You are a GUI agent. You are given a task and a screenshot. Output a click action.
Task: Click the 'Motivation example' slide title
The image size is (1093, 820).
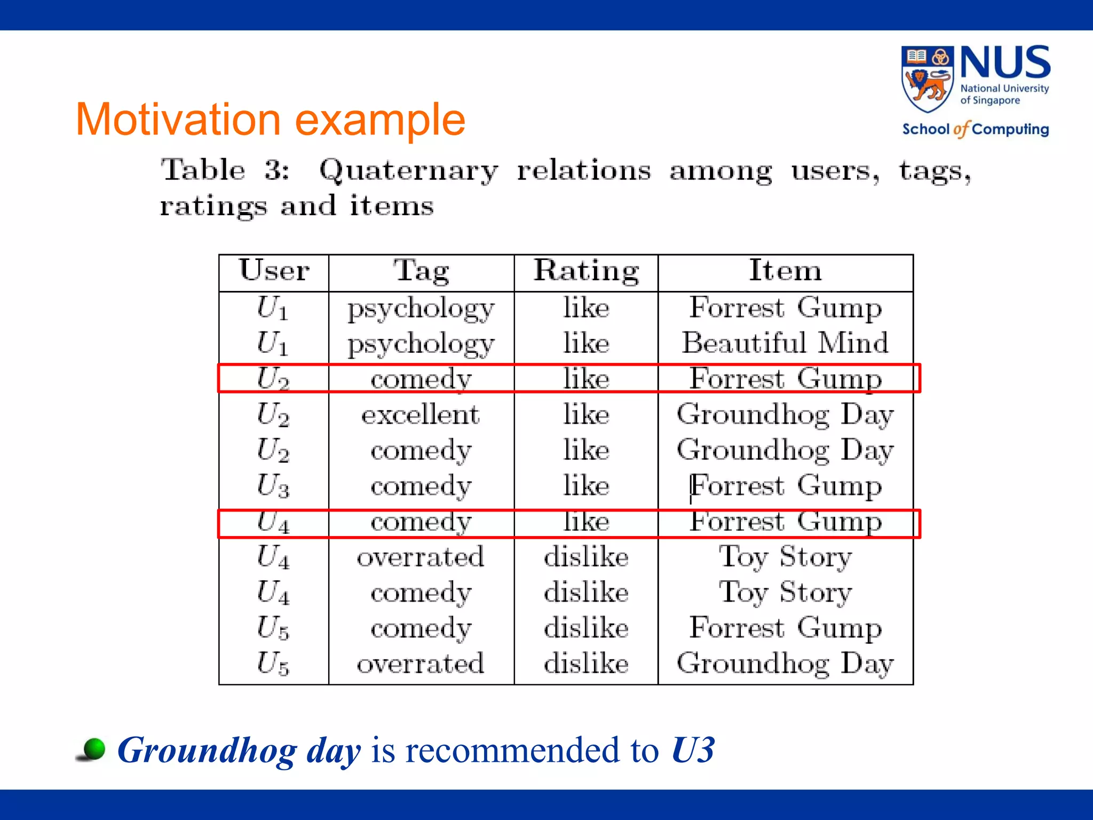click(271, 120)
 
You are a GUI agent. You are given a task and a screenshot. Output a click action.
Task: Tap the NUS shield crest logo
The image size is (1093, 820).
click(927, 79)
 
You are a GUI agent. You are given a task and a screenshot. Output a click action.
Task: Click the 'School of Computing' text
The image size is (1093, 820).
click(975, 129)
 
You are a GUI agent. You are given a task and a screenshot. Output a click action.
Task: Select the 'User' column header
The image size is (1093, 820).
click(274, 271)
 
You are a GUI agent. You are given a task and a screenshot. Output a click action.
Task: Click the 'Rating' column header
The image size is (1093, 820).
click(586, 271)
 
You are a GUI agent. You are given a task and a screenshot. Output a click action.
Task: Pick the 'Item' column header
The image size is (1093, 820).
click(785, 271)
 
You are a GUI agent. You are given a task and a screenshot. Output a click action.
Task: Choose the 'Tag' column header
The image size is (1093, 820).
click(421, 271)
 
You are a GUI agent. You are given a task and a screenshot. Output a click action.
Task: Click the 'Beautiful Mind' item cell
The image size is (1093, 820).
click(785, 343)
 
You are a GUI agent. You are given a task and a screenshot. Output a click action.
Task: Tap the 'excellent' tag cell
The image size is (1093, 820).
click(421, 415)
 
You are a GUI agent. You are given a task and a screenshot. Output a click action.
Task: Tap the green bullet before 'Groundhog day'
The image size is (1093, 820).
click(94, 749)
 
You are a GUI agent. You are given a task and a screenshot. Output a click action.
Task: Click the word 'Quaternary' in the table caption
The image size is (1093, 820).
click(408, 171)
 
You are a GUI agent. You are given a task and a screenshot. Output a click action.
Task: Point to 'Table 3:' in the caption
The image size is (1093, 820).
click(225, 171)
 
